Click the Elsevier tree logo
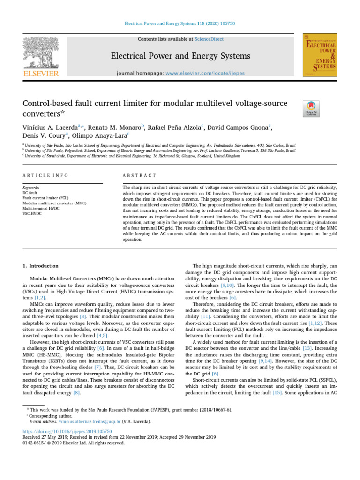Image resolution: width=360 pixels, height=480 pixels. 42,52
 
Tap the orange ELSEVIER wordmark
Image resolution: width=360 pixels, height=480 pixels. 42,74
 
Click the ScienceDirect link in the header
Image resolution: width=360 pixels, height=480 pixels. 210,39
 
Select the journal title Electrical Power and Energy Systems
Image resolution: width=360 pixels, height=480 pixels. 180,56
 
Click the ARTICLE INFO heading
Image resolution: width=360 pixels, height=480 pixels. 45,175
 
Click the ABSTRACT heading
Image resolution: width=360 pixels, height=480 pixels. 139,175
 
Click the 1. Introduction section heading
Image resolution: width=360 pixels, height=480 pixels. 41,266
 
